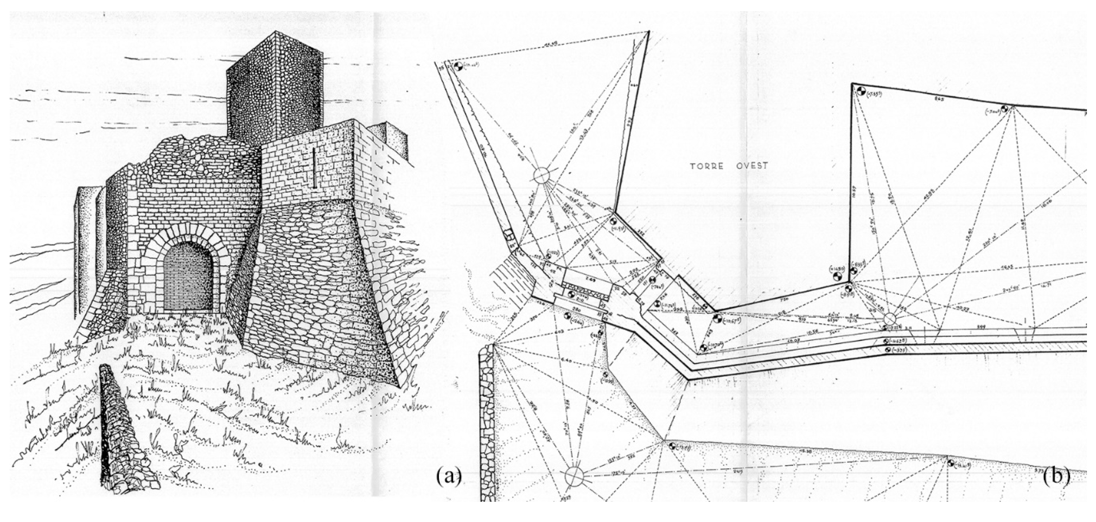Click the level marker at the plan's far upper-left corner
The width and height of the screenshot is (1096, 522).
tap(458, 67)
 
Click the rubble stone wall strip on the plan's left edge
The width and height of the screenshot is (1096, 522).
tap(486, 421)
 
